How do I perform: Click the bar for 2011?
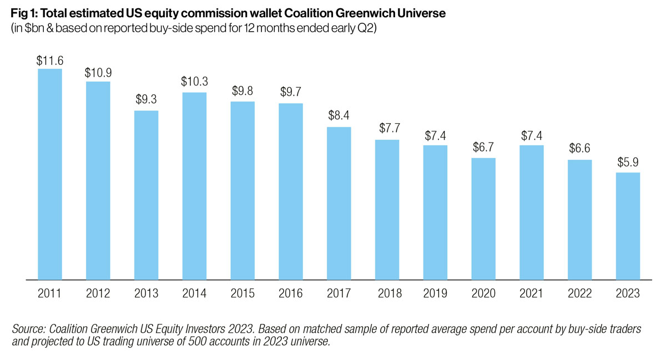[x=49, y=174]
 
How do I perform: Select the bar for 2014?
[x=194, y=185]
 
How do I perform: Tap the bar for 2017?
[x=339, y=203]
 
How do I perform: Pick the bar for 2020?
[x=483, y=218]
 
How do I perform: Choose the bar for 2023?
[x=628, y=226]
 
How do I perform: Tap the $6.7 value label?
[x=483, y=149]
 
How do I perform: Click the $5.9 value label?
[x=628, y=163]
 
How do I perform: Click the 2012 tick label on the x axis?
[x=98, y=294]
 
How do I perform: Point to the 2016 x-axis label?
[x=290, y=294]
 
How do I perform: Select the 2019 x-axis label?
[x=435, y=294]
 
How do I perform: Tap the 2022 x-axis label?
[x=580, y=294]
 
